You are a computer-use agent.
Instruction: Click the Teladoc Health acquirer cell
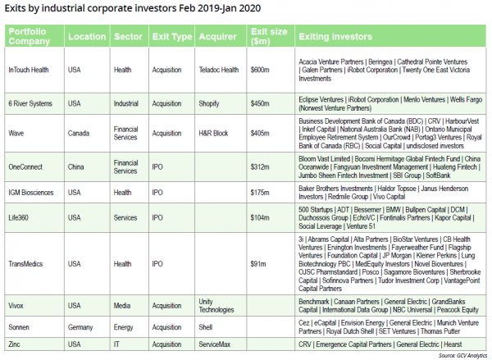[218, 71]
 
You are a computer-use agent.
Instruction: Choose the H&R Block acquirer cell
[214, 133]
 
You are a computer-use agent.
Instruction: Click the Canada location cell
[79, 133]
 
